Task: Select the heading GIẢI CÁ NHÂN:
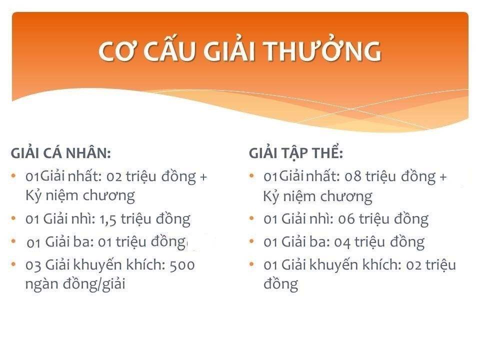click(x=60, y=152)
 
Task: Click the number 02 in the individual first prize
click(x=114, y=177)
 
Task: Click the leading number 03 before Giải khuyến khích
click(x=33, y=265)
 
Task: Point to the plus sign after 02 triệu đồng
click(x=203, y=177)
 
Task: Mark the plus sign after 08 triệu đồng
click(x=443, y=177)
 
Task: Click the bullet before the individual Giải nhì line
click(x=13, y=218)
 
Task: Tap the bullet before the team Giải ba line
click(x=251, y=241)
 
